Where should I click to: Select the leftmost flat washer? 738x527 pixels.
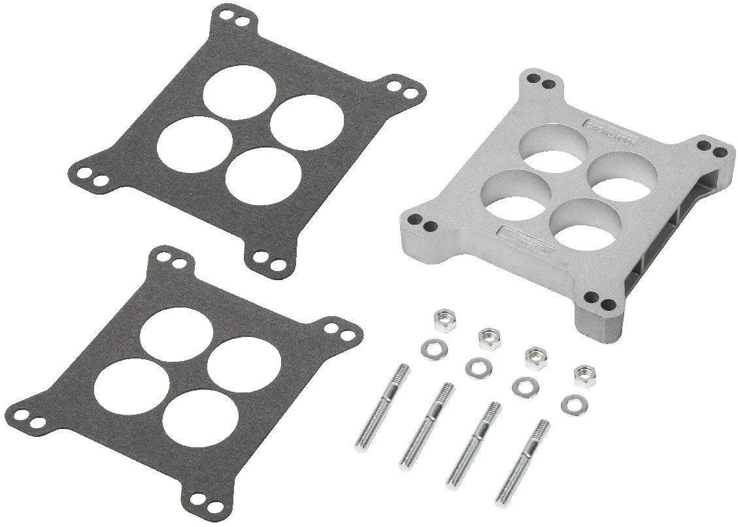[430, 344]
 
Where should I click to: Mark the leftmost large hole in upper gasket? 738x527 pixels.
[188, 144]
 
